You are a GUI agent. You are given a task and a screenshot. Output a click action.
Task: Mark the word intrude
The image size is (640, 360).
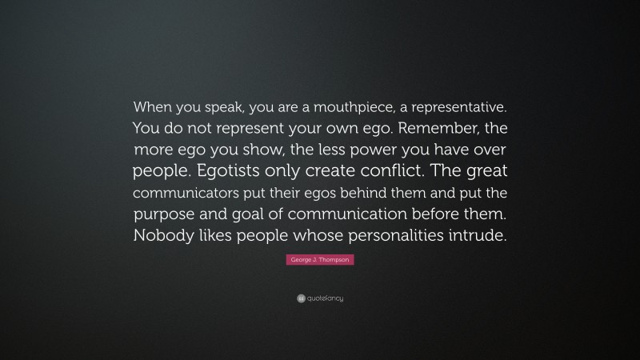478,236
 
